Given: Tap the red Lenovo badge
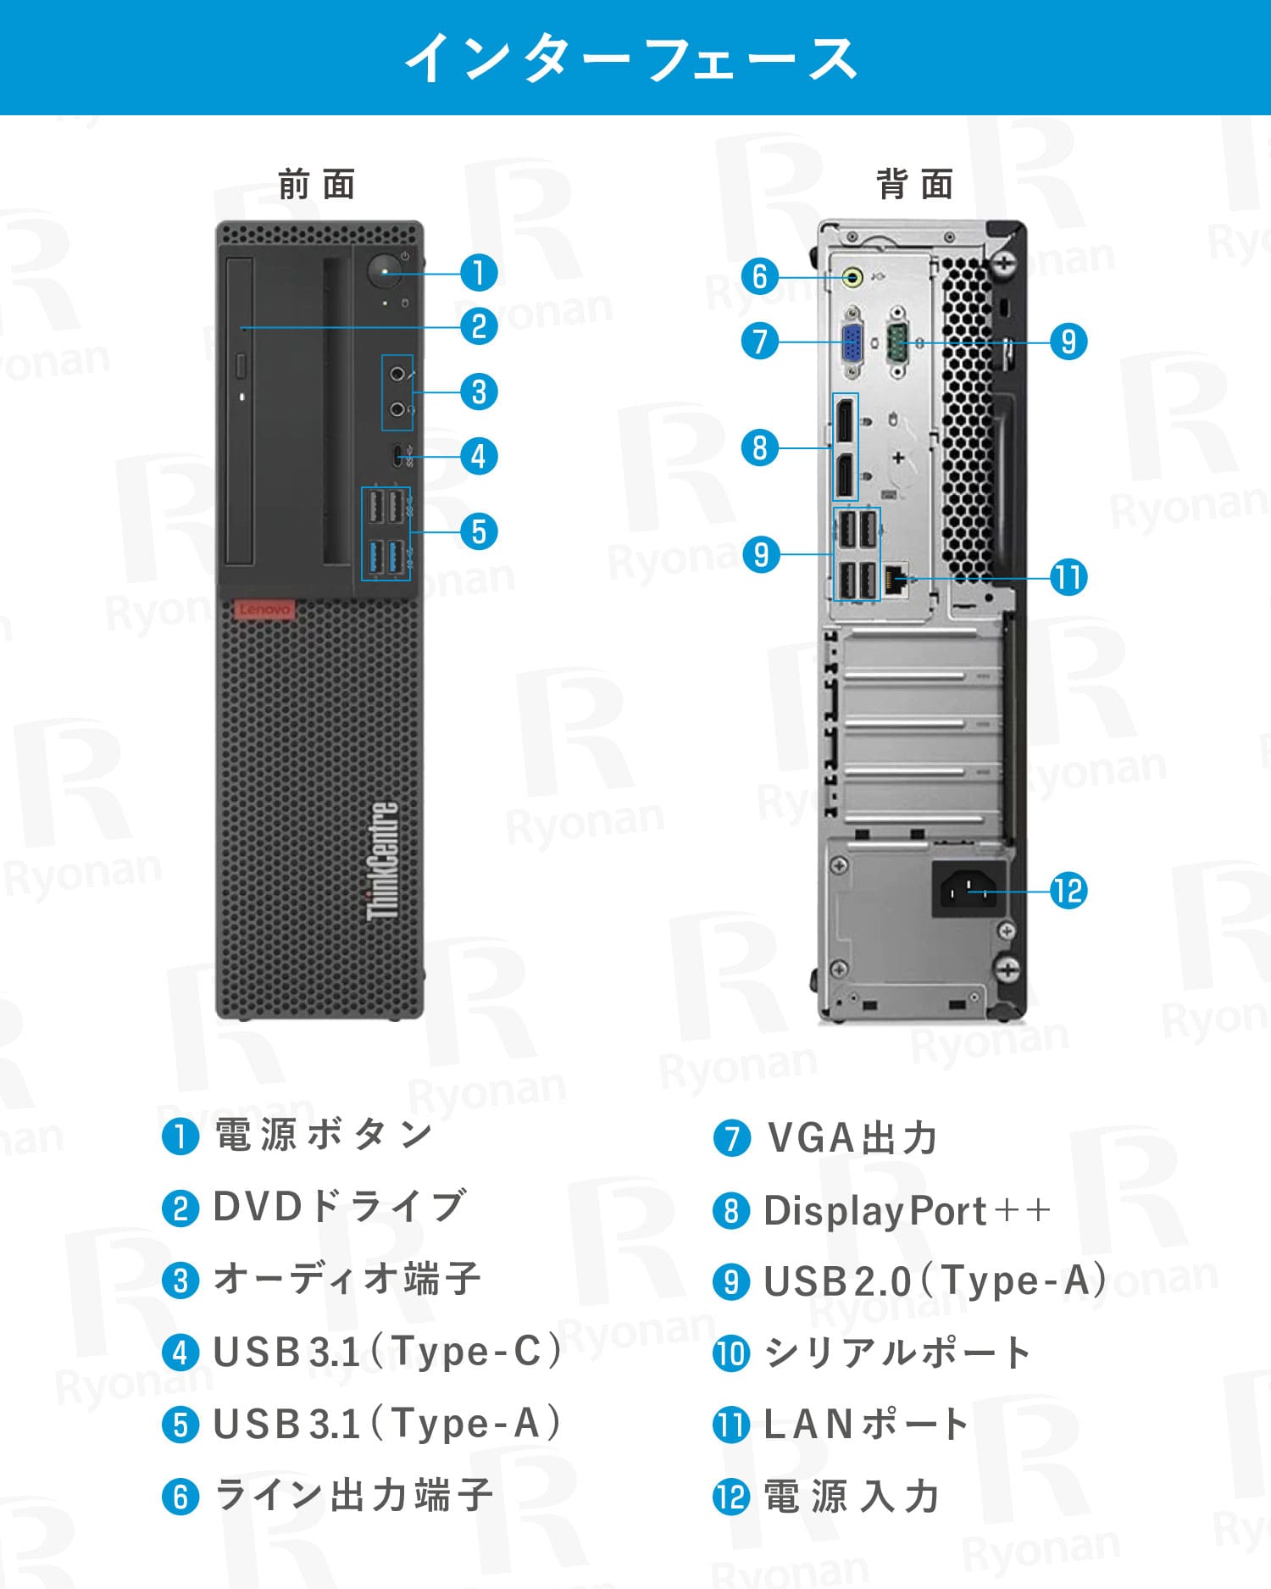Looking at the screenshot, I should (x=264, y=609).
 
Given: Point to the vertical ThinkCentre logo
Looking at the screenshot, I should (x=382, y=861).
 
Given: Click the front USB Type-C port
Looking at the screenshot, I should (x=400, y=456).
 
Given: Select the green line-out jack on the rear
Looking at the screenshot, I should (x=853, y=276).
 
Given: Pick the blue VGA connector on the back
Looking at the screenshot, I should (x=852, y=343).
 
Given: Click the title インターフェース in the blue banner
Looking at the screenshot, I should (x=632, y=58).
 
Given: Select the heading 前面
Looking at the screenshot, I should (x=317, y=185).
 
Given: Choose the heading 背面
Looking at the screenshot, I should (x=915, y=185).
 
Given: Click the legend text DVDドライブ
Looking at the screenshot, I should (x=340, y=1207).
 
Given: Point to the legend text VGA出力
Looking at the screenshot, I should (x=852, y=1138).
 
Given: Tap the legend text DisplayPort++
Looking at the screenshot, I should (x=907, y=1211).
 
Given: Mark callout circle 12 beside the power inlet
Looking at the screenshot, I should (x=1068, y=892).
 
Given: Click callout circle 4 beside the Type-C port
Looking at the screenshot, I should (x=479, y=457).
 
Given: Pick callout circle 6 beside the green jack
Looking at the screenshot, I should (x=759, y=276).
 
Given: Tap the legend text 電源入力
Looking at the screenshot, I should (x=852, y=1497).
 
